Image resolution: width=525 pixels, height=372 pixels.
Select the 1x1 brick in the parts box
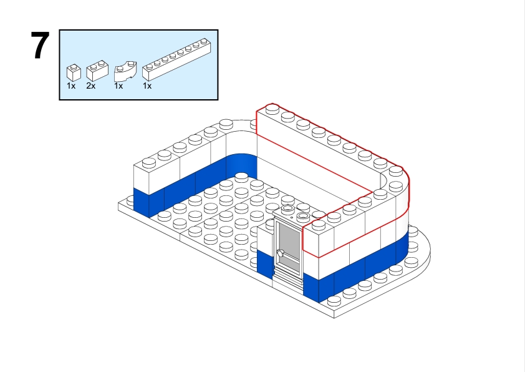[x=74, y=72]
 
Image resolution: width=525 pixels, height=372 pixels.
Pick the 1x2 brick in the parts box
[x=97, y=71]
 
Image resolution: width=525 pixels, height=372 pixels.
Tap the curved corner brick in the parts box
[x=125, y=71]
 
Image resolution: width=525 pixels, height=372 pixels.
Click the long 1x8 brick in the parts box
[x=177, y=60]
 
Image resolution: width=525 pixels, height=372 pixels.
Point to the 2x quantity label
[x=91, y=86]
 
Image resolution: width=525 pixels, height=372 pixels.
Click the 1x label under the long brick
[x=147, y=86]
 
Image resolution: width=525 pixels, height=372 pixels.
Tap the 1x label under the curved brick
[x=118, y=86]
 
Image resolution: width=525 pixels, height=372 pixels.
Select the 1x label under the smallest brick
[x=71, y=86]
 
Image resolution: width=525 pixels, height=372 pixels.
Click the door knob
[x=280, y=253]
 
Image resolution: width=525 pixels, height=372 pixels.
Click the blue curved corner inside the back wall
[x=242, y=167]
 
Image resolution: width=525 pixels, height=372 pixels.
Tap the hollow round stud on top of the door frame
[x=287, y=210]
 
